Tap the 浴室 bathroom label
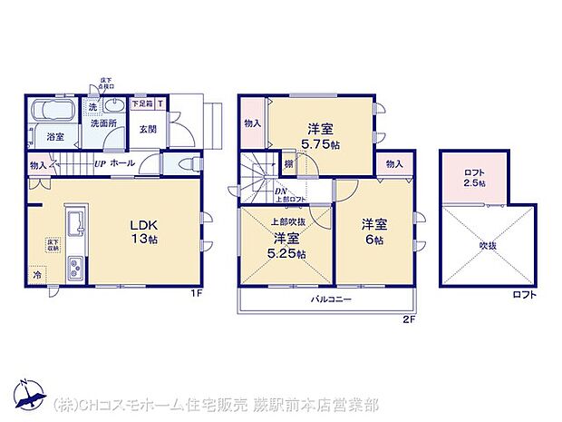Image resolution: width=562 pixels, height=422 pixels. [54, 137]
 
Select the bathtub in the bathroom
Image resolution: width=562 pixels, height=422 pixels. [55, 114]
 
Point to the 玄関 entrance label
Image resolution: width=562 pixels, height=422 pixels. [147, 128]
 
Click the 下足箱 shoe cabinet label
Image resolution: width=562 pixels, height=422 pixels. [142, 104]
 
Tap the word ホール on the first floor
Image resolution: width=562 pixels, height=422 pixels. [124, 164]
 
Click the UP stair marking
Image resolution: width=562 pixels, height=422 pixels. [101, 164]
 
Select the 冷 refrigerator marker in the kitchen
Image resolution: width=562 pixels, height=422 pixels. [37, 274]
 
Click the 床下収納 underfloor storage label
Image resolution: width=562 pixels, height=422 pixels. [53, 245]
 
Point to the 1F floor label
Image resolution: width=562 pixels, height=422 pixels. [197, 293]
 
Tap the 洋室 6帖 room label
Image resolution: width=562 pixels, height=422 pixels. [375, 231]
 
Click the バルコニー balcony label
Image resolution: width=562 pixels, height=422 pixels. [332, 299]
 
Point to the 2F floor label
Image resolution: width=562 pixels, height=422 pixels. [409, 319]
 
